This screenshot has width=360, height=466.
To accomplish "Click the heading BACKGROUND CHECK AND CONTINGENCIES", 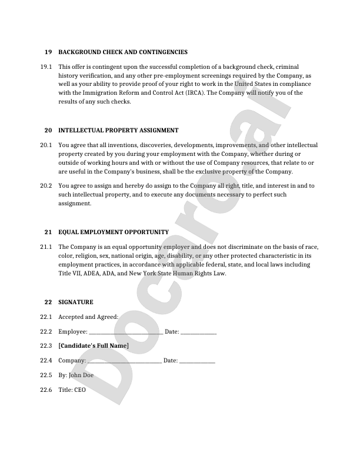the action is pos(123,52).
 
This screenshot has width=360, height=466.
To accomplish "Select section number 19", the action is pos(48,52).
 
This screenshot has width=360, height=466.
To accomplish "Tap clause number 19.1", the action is pos(46,67).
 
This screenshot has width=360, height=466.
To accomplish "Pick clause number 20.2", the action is pos(46,185).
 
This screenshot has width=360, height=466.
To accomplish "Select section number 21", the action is pos(48,232).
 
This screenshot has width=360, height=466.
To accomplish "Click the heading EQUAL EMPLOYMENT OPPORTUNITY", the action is pos(114,232).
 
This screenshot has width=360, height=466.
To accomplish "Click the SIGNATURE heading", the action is pos(76,302).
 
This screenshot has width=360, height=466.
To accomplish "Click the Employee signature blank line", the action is pos(126,333).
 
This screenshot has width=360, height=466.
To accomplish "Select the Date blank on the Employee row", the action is pos(199,333).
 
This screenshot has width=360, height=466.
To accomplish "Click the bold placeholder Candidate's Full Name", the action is pos(94,346).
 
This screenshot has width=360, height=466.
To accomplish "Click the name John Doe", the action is pos(81,375).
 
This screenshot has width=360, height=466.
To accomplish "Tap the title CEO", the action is pos(80,390).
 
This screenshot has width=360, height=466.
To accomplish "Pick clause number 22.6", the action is pos(46,390).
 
